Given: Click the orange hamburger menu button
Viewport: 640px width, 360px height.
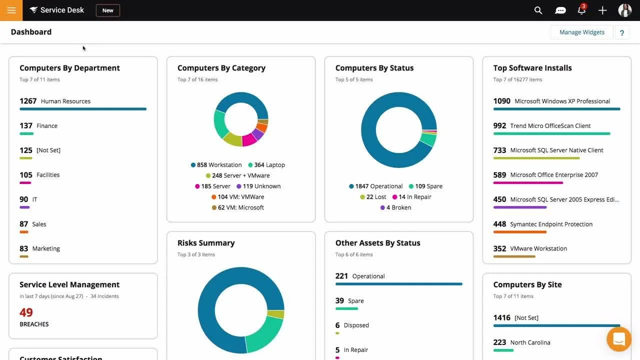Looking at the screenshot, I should point(11,10).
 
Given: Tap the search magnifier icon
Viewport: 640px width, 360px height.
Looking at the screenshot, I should point(538,10).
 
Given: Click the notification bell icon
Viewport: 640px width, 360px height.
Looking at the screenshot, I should point(581,10).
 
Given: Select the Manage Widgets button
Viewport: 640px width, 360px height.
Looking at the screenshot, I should point(581,32).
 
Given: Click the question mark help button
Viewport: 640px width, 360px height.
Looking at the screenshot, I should point(622,33).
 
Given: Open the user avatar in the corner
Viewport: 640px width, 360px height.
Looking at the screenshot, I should point(624,10).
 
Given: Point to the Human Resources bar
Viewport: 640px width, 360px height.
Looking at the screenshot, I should point(83,109).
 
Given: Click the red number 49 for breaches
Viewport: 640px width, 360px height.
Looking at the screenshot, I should point(26,312).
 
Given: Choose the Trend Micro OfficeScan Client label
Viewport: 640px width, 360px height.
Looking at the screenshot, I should point(550,126).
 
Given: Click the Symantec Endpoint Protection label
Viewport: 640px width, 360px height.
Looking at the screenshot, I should point(551,224).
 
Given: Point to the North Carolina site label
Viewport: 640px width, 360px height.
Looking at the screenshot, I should point(530,342).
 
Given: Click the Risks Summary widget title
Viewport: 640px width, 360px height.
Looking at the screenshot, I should point(206,243).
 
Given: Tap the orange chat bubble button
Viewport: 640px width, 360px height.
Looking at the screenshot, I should point(618,339).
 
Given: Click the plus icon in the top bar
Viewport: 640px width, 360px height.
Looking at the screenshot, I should point(602,10).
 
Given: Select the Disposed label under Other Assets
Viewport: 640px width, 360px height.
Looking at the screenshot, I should point(356,325).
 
